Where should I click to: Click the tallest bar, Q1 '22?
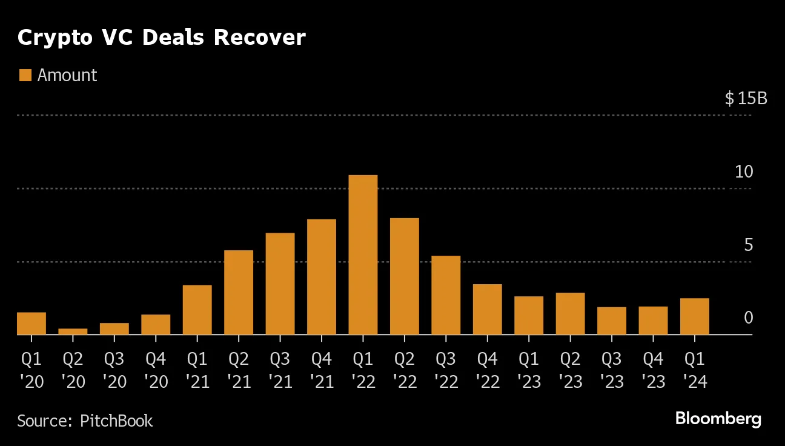(363, 255)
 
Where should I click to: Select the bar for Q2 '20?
(73, 331)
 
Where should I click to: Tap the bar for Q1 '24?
(694, 316)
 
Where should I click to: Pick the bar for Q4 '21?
(322, 276)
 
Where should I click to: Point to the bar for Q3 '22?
(446, 295)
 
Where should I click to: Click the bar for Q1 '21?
(197, 309)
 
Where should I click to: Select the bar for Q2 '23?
(570, 313)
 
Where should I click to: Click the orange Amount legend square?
(25, 75)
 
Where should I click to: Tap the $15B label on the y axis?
(746, 98)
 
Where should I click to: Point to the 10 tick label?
(744, 171)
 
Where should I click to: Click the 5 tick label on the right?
(748, 245)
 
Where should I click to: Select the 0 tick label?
(748, 318)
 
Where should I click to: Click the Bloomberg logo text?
(718, 419)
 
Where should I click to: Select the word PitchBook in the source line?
(116, 421)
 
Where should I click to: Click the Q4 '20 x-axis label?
(156, 370)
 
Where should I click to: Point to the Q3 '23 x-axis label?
(611, 370)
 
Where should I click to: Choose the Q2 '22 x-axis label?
(404, 370)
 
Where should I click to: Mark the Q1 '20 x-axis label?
(31, 370)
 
